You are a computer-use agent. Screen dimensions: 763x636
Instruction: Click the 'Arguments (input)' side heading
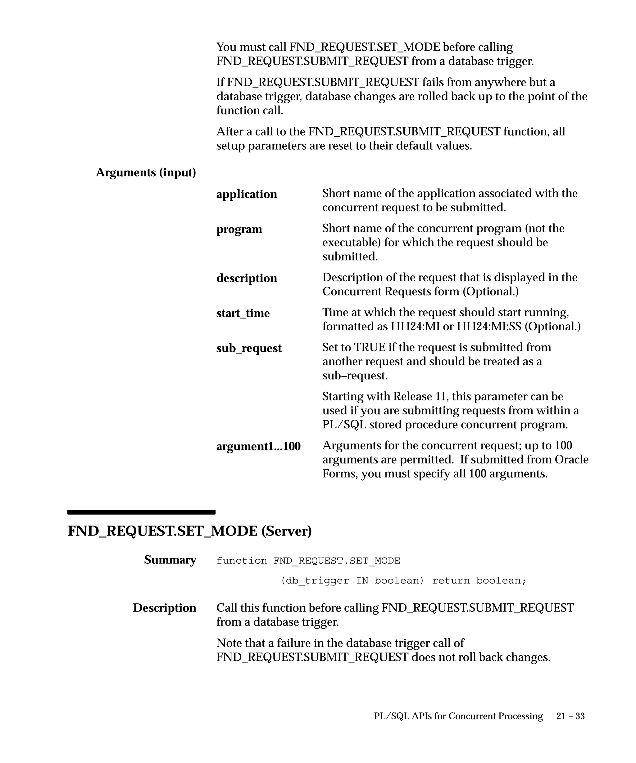click(146, 173)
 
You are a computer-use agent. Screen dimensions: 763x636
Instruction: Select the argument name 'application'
click(246, 194)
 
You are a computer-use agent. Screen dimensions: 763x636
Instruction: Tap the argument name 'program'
click(239, 229)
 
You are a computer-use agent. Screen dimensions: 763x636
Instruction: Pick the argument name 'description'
click(246, 278)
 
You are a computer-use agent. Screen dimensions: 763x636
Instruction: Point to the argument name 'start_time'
click(243, 313)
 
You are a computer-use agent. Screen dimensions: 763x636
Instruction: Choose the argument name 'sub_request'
click(248, 348)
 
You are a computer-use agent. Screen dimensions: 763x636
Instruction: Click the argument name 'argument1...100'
click(258, 446)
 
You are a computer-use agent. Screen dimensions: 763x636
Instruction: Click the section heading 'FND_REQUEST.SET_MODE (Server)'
click(190, 531)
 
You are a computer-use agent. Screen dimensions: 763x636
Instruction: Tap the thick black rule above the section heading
click(141, 512)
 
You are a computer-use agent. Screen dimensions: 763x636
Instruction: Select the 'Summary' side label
click(170, 560)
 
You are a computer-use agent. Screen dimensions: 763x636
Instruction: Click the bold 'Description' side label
click(164, 608)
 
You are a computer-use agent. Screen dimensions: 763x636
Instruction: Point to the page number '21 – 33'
click(570, 716)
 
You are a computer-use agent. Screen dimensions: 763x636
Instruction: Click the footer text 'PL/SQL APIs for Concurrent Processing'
click(458, 716)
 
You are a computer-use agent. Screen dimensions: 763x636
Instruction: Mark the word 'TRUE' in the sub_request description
click(370, 347)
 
